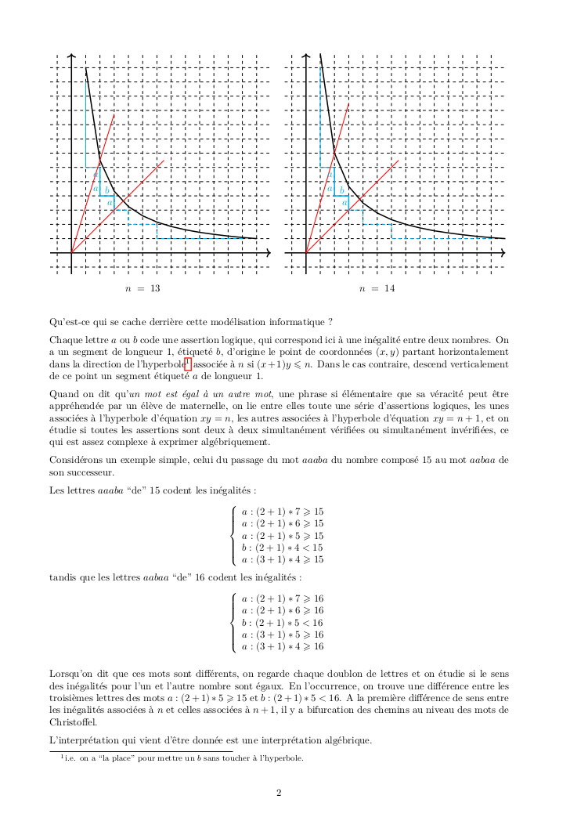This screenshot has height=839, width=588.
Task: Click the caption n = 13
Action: [x=142, y=289]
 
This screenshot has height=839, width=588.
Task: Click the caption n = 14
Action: [x=377, y=289]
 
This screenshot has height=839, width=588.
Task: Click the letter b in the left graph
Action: [x=107, y=190]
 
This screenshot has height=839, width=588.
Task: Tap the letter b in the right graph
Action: [x=341, y=190]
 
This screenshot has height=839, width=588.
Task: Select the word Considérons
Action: [x=76, y=459]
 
